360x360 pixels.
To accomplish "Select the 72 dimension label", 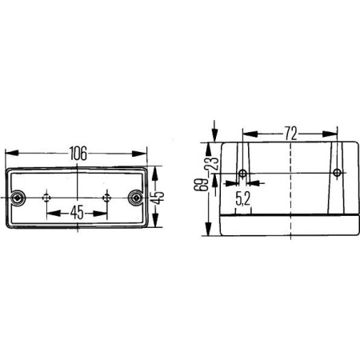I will (x=290, y=130).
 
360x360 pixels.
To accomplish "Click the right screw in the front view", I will (x=135, y=197).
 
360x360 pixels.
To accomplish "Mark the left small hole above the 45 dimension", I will (x=49, y=197).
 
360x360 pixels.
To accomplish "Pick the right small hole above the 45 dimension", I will (x=106, y=197).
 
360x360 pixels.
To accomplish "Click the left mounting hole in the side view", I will (x=243, y=174).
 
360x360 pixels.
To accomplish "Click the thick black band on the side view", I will (x=289, y=216).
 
